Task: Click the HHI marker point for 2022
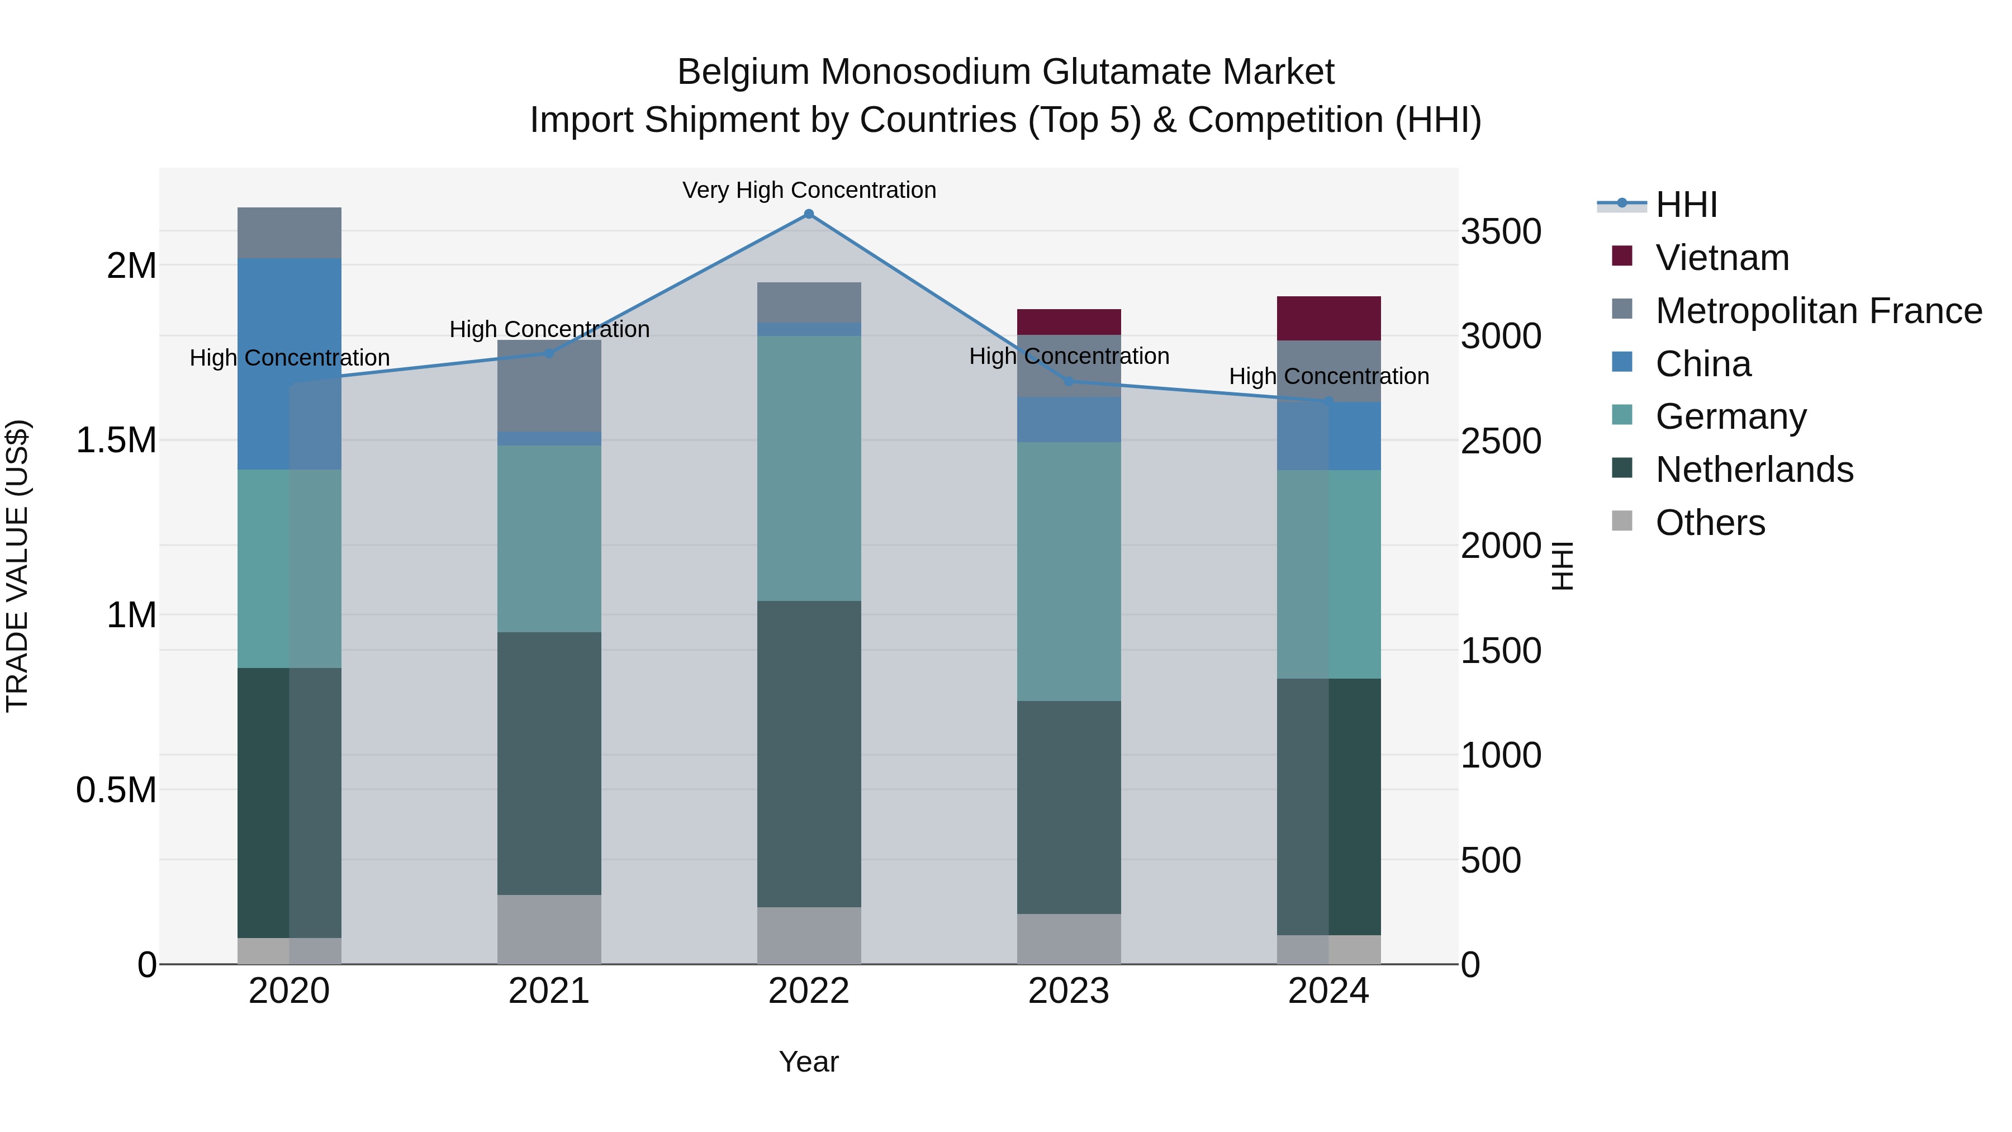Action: [808, 214]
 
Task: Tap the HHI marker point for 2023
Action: [1069, 381]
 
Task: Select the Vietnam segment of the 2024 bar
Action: [1328, 319]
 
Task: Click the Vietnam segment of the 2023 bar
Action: [1069, 322]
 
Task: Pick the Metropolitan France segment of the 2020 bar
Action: [289, 233]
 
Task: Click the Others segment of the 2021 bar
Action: [549, 929]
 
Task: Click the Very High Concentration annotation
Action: [808, 190]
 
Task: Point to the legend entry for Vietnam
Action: [1721, 258]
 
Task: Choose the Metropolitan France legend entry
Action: [1818, 311]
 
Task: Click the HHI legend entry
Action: [1686, 205]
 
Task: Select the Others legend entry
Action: [1710, 523]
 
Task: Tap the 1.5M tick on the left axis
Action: [116, 441]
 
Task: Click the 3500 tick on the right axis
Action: [1501, 232]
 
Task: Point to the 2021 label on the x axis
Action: [549, 991]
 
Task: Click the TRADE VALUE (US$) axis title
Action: [17, 566]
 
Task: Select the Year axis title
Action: [808, 1062]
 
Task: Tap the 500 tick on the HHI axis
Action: [1490, 860]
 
